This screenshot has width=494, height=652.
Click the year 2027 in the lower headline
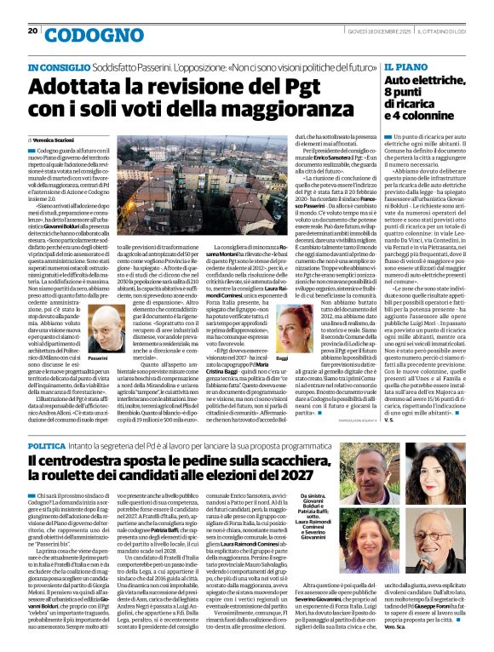coord(316,482)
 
